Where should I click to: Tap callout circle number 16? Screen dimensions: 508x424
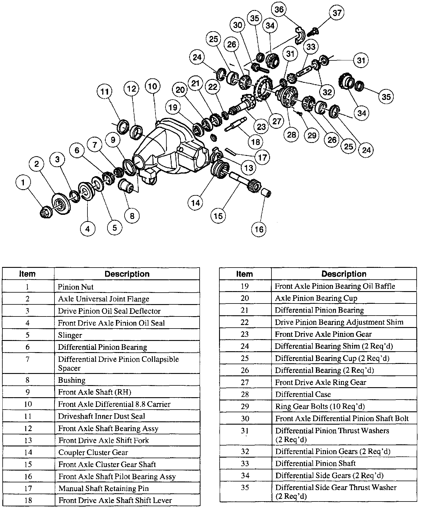259,229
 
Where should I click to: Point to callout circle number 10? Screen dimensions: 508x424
153,86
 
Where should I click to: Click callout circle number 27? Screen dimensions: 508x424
276,121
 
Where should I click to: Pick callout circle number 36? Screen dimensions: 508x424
279,9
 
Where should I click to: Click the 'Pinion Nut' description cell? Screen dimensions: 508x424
127,287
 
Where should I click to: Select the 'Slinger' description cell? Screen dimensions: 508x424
127,335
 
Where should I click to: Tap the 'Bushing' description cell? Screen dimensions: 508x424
127,380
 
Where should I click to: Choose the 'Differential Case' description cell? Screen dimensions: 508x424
344,394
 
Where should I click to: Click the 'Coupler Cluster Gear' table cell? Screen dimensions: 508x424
127,452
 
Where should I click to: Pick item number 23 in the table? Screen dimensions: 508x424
245,334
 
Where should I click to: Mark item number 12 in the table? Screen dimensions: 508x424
28,428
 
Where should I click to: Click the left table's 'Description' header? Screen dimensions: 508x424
127,274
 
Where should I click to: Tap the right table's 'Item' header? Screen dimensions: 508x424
245,274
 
